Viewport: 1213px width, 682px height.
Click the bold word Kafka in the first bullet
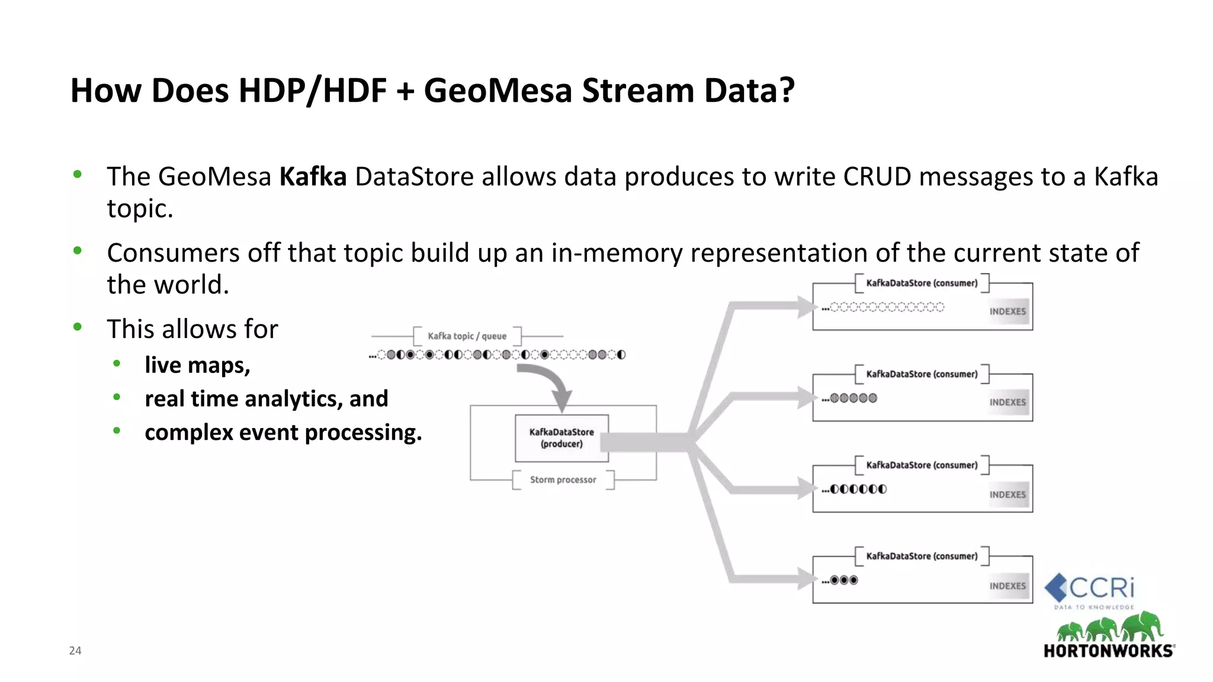pyautogui.click(x=313, y=177)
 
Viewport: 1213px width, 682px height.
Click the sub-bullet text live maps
pyautogui.click(x=197, y=365)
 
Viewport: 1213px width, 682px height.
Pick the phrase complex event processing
pyautogui.click(x=283, y=433)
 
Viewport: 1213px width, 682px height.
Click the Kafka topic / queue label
pyautogui.click(x=467, y=336)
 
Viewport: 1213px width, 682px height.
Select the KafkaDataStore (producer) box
pyautogui.click(x=561, y=438)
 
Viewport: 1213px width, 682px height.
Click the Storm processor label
pyautogui.click(x=563, y=480)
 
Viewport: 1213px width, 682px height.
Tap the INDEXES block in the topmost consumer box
pyautogui.click(x=1007, y=311)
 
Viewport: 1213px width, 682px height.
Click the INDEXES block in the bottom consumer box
pyautogui.click(x=1007, y=586)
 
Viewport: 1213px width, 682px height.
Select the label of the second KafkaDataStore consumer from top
pyautogui.click(x=922, y=374)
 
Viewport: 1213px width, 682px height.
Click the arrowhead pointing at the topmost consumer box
pyautogui.click(x=807, y=307)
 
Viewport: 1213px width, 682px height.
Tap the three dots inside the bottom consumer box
pyautogui.click(x=844, y=580)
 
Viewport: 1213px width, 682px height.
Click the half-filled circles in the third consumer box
pyautogui.click(x=858, y=489)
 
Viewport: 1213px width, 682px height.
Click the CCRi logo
pyautogui.click(x=1090, y=589)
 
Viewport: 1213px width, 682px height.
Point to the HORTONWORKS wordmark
pyautogui.click(x=1108, y=651)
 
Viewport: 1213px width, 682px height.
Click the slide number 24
pyautogui.click(x=75, y=651)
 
